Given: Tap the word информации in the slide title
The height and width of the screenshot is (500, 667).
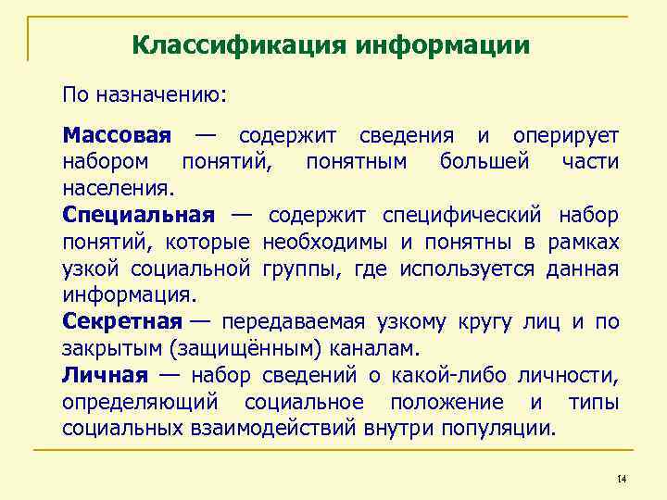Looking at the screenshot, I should [442, 45].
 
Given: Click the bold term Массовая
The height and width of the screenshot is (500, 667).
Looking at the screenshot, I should [117, 135].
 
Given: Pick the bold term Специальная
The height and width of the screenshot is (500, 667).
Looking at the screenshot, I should [139, 216].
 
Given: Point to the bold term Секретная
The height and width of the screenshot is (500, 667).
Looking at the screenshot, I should [122, 322].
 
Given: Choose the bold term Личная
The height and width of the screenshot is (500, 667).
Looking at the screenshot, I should [105, 375].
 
